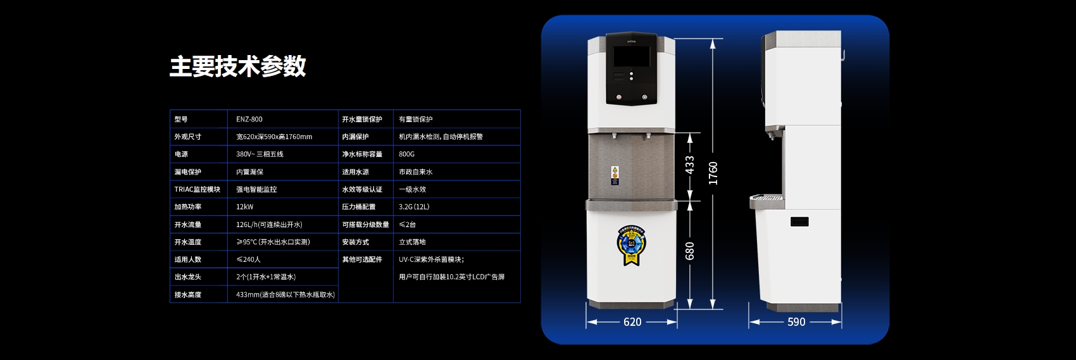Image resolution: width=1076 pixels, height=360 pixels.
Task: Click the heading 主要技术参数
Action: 238,66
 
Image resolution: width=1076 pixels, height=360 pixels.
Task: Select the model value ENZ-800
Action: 249,120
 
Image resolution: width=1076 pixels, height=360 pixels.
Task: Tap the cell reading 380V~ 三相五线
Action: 260,154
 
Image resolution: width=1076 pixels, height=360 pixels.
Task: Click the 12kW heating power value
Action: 245,207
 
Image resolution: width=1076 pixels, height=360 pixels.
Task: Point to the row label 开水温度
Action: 188,242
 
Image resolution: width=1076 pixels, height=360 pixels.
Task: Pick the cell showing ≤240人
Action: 248,259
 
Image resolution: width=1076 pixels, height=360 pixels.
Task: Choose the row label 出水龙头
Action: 188,277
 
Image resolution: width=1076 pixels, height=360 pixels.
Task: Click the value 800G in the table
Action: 407,154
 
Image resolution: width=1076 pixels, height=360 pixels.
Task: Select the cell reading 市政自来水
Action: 416,172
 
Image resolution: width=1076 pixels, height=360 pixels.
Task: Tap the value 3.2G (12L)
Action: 414,207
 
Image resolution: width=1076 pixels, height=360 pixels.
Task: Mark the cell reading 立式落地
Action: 412,242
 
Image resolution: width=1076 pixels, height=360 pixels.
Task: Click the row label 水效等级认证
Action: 362,190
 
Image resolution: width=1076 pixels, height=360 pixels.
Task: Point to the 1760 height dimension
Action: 713,173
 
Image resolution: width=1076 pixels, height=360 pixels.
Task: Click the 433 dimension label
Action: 689,165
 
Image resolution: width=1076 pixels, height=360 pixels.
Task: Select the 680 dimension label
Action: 689,251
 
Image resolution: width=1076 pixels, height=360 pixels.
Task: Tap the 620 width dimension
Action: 632,322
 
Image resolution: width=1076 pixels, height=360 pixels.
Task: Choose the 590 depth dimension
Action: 796,322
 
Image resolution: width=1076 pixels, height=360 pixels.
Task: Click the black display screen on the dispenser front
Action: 632,57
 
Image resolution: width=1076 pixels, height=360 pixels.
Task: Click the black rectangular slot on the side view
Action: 799,222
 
